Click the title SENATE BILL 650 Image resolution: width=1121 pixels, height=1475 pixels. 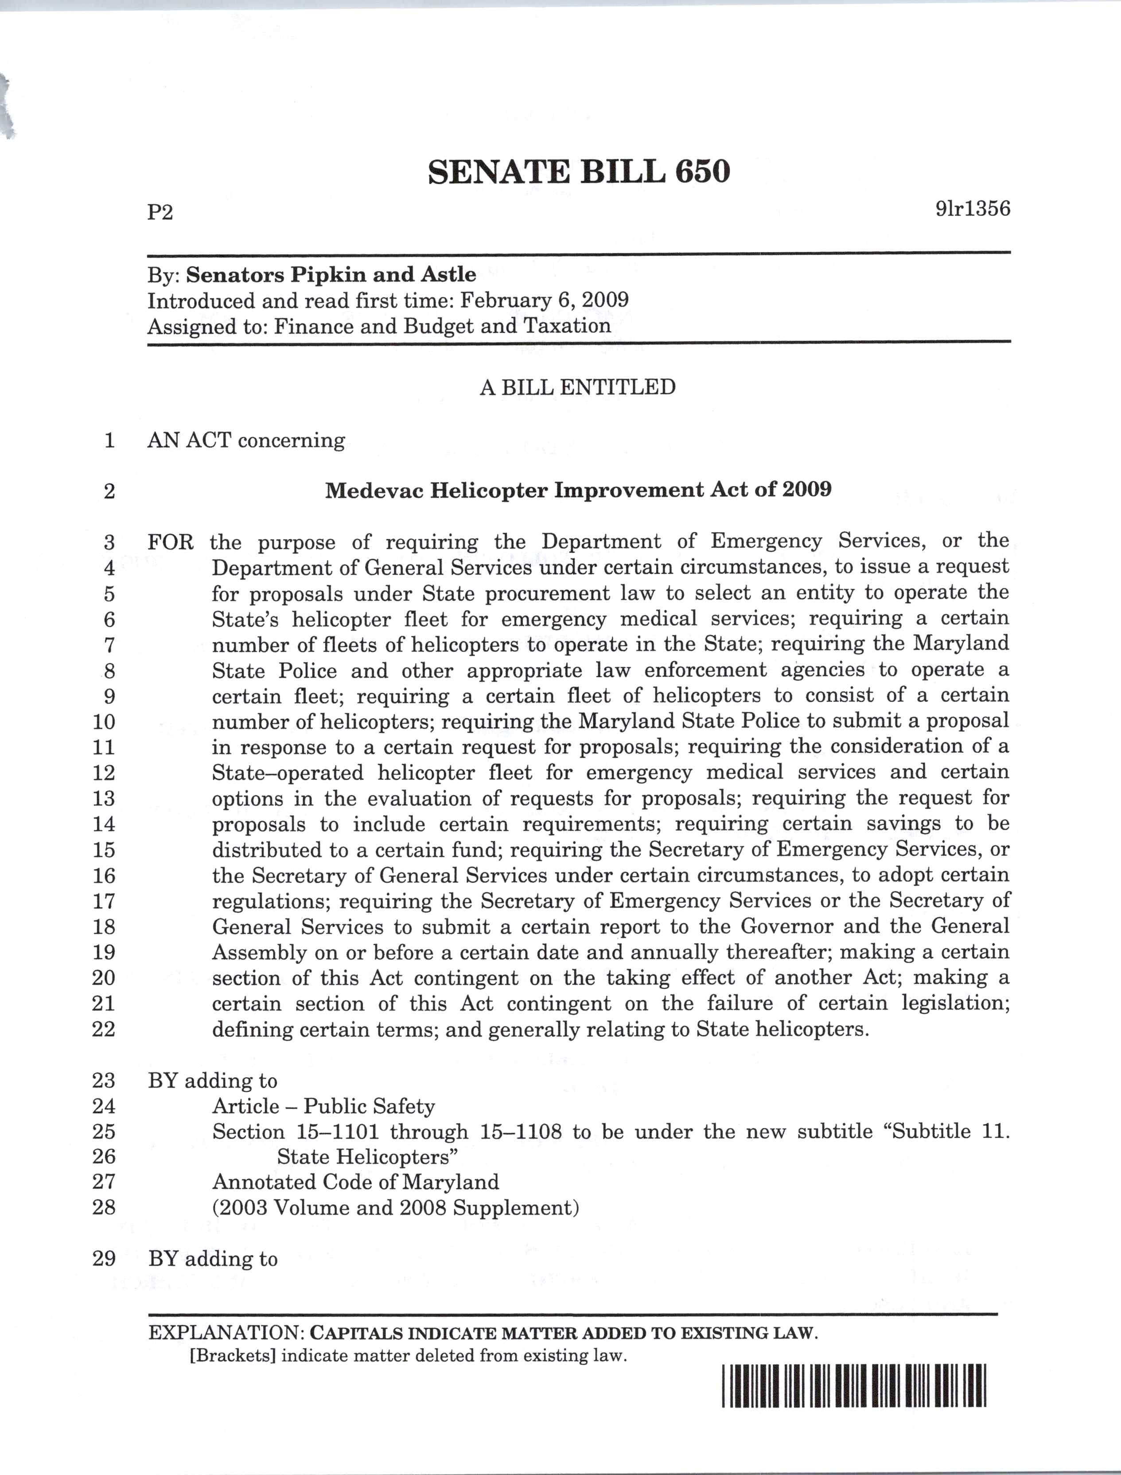pyautogui.click(x=579, y=172)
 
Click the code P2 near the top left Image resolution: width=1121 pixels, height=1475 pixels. pyautogui.click(x=160, y=212)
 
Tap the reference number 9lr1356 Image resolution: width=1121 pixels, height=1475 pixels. pyautogui.click(x=972, y=209)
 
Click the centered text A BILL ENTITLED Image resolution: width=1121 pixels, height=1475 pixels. pyautogui.click(x=577, y=387)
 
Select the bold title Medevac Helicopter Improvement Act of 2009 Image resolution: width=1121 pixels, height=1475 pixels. pyautogui.click(x=578, y=490)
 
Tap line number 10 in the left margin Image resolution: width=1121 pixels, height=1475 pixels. pyautogui.click(x=103, y=722)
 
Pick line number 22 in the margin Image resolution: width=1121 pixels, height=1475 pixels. pyautogui.click(x=103, y=1029)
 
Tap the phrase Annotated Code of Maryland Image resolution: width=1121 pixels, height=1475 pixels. pyautogui.click(x=355, y=1182)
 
